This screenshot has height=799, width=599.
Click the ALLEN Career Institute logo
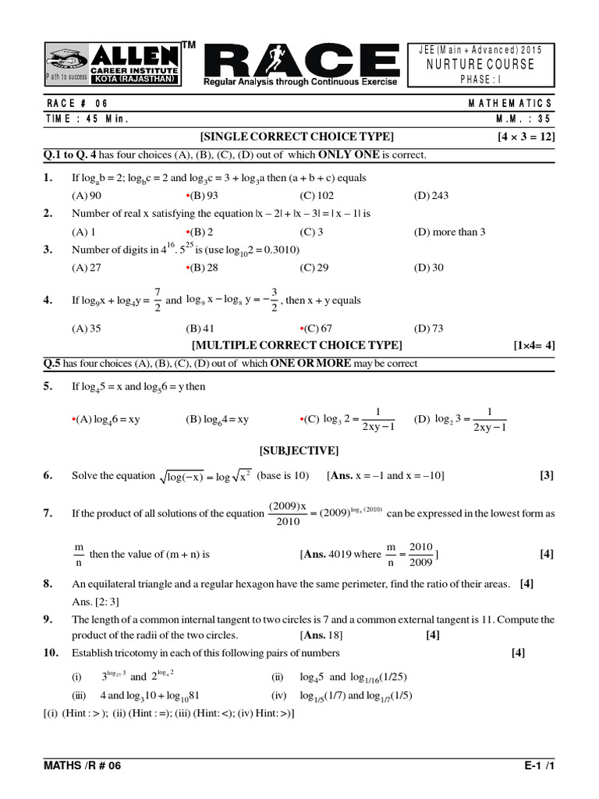113,65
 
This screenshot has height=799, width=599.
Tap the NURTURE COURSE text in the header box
480,64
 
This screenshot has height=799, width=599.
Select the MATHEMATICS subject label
511,103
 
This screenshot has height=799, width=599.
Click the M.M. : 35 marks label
524,119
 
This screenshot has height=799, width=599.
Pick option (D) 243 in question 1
431,196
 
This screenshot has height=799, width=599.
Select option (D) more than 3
449,232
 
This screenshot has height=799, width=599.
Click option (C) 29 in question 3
315,268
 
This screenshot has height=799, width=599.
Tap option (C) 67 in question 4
317,328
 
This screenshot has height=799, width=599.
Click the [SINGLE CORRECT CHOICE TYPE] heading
297,137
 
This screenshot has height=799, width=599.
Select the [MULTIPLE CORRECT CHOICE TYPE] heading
297,345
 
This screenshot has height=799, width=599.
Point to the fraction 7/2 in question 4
157,300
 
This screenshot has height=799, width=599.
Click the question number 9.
48,619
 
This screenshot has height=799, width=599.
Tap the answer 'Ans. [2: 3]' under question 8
95,601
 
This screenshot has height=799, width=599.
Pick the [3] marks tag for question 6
546,475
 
